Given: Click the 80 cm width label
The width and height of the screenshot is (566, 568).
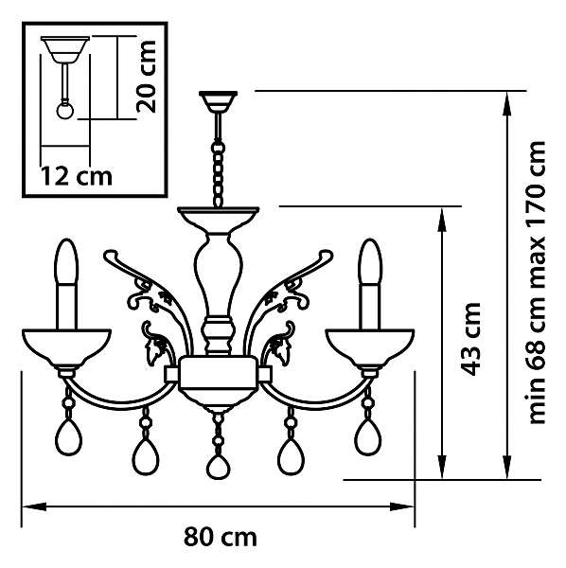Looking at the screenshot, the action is coord(221,537).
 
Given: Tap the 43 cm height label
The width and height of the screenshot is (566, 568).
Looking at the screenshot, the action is coord(470,339).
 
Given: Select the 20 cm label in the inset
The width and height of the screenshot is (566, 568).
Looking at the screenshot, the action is coord(146,76).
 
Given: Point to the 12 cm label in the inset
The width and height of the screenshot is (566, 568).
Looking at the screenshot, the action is coord(76,176).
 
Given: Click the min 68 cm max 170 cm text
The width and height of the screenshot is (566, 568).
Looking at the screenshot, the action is coord(537,282).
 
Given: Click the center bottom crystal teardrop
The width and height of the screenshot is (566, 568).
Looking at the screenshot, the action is coord(219,467).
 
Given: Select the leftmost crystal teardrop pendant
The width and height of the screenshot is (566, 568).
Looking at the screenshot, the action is coord(69,437).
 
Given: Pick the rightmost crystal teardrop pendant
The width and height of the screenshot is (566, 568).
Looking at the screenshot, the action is coord(367,437).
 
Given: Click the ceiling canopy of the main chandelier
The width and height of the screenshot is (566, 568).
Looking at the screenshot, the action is coord(218,101).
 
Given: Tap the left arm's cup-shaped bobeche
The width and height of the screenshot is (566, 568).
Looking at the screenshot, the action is coord(66,346).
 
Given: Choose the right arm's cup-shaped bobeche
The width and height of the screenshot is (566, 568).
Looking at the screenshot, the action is coord(370,346).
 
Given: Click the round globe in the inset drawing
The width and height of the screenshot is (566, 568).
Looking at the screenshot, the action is coord(66,111).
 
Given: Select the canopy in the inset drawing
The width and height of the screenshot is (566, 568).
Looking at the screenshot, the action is coord(65,49).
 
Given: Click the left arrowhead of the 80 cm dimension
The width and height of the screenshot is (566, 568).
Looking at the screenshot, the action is coord(34,506).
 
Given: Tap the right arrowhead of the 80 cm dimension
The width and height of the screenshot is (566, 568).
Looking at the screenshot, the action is coord(402,506).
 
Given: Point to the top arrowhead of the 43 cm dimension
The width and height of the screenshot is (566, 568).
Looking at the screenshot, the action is coord(442,219).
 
